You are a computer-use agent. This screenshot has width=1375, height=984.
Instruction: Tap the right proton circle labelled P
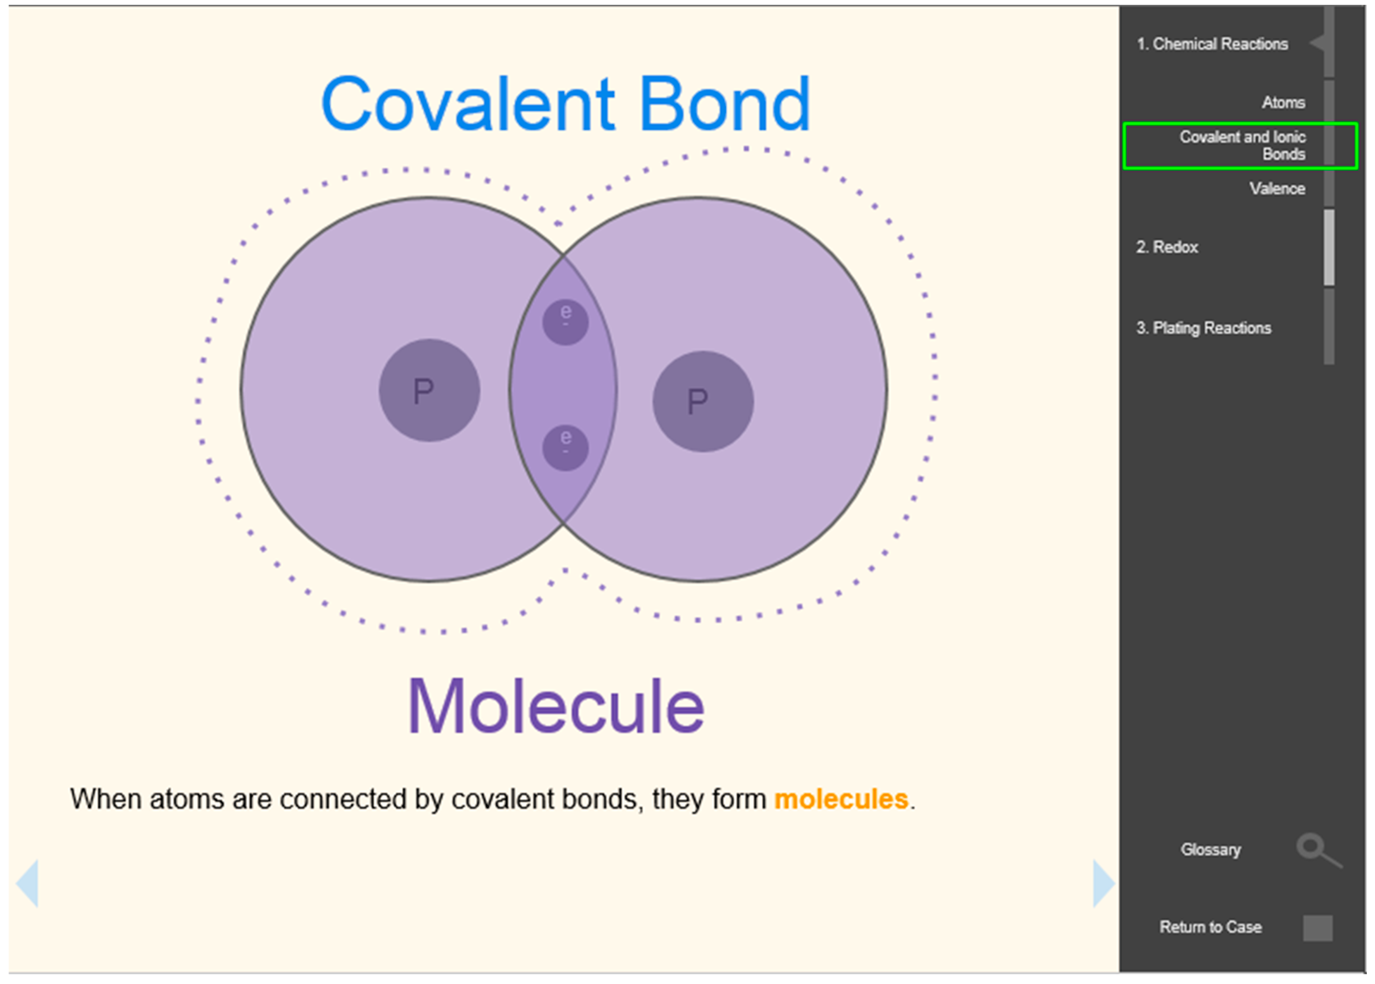703,401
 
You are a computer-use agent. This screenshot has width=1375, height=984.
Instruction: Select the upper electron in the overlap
565,321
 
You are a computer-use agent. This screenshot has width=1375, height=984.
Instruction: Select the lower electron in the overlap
565,447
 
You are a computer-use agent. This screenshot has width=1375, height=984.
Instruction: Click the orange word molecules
841,799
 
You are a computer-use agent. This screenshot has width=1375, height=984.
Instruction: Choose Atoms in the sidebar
1283,102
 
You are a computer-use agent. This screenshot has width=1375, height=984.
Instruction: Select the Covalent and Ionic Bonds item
1242,145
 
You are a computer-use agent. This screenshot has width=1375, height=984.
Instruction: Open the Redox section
1167,247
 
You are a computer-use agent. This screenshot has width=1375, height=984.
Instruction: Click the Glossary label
1211,849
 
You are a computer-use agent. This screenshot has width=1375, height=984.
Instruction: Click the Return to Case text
1211,927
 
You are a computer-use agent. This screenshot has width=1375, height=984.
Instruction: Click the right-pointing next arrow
1103,883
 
